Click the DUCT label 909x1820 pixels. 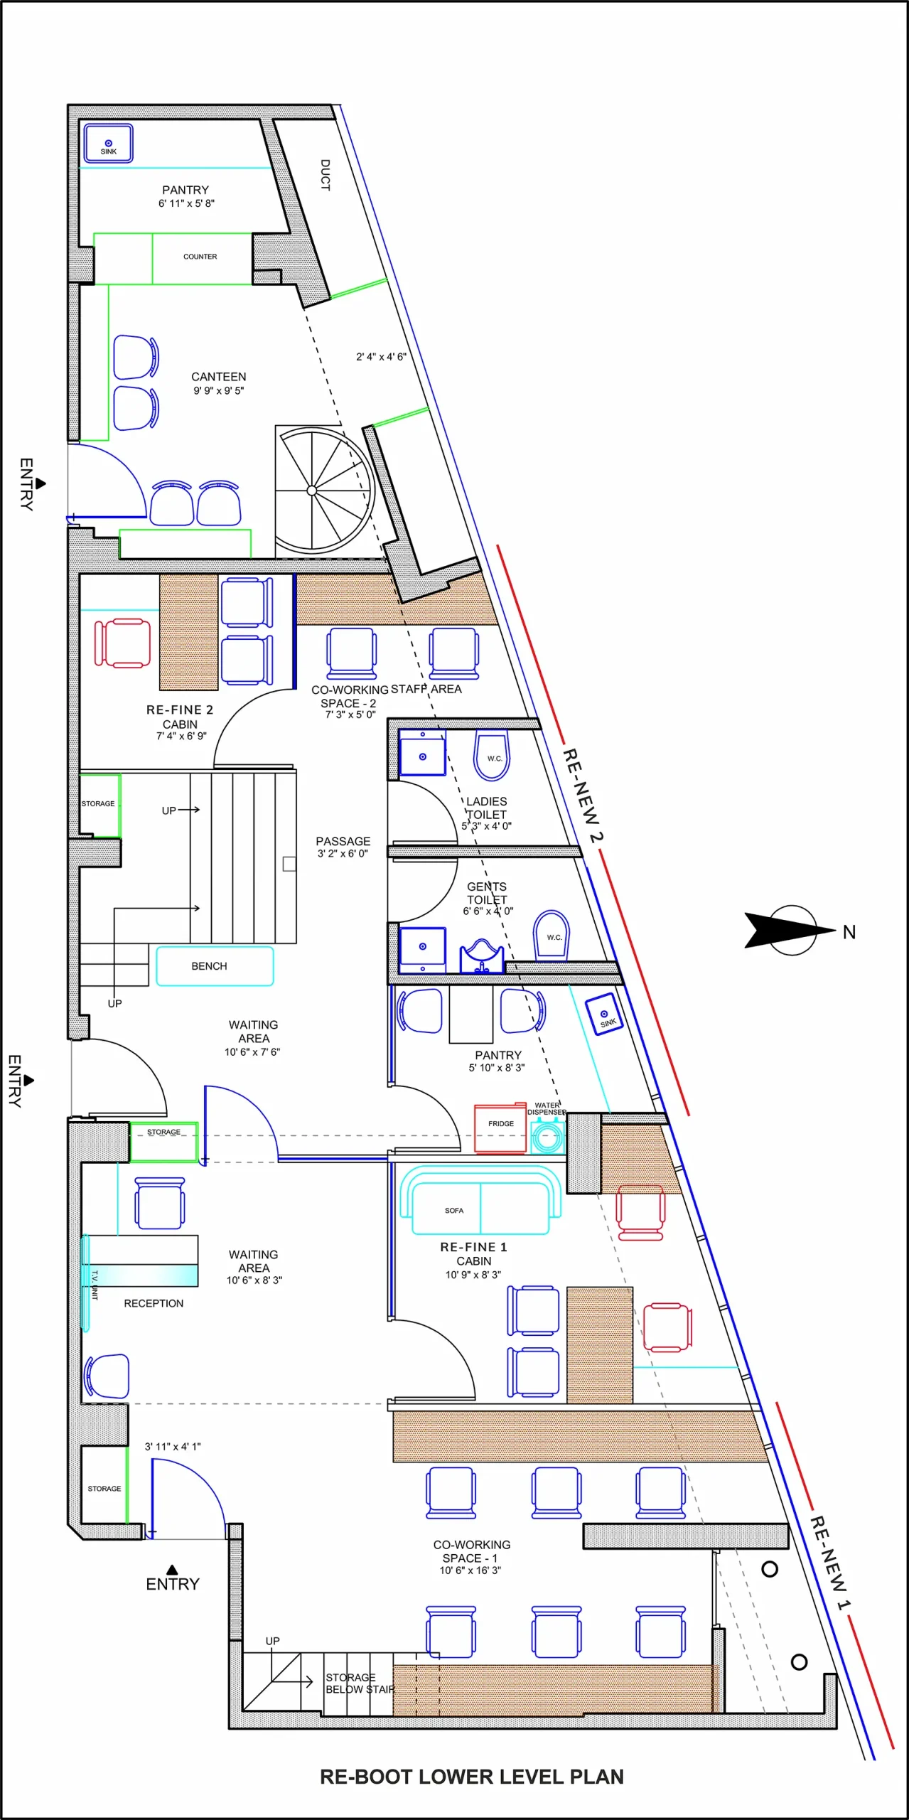tap(326, 175)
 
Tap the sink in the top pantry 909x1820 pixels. tap(109, 143)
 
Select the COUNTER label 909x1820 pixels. tap(200, 257)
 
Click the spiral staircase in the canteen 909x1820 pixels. tap(325, 491)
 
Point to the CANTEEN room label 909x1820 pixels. tap(219, 377)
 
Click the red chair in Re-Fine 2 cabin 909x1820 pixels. tap(122, 643)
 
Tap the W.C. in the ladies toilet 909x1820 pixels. tap(492, 755)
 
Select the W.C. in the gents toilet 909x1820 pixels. tap(552, 936)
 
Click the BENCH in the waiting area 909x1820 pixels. tap(215, 966)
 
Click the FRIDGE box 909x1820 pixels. tap(500, 1128)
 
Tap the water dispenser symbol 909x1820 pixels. tap(547, 1136)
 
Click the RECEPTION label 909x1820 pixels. tap(154, 1303)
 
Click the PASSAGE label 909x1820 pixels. tap(343, 841)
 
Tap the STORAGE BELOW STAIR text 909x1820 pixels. tap(360, 1683)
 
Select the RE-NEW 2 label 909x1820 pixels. tap(583, 795)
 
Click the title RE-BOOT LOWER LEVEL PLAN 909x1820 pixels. tap(472, 1777)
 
